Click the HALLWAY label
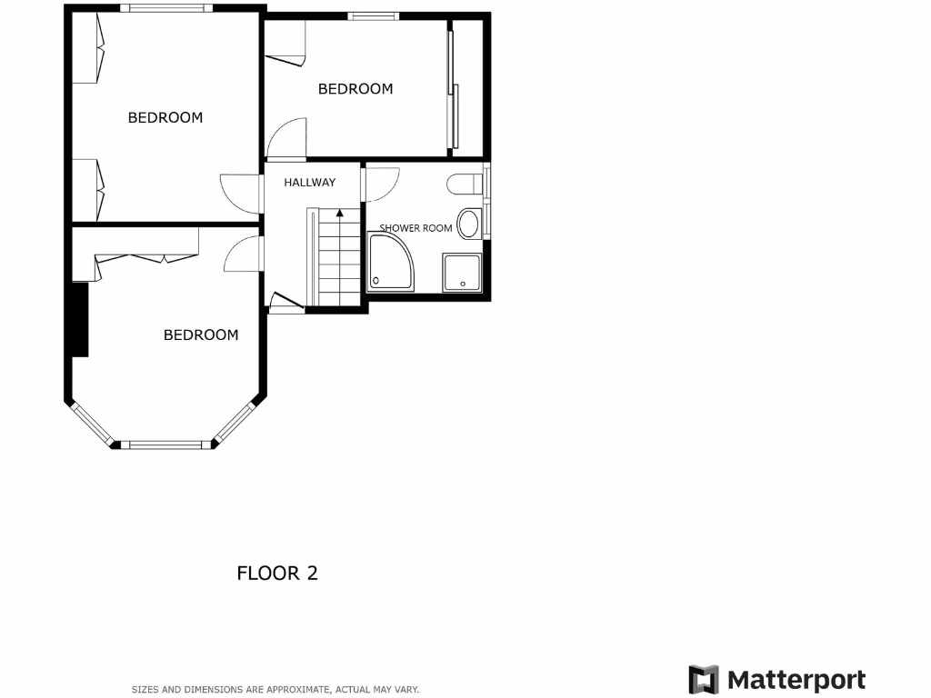tap(309, 183)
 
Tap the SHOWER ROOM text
tap(415, 228)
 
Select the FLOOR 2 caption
tap(277, 573)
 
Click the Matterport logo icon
tap(704, 680)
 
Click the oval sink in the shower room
tap(470, 222)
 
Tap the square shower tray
tap(463, 273)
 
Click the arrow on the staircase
tap(340, 214)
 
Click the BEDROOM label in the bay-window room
tap(201, 335)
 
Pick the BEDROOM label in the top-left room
tap(165, 118)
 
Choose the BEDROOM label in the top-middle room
tap(355, 89)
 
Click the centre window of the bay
tap(165, 444)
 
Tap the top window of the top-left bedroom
tap(166, 8)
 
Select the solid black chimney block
tap(80, 319)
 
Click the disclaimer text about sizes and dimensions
tap(275, 690)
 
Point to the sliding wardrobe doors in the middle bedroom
tap(452, 91)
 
